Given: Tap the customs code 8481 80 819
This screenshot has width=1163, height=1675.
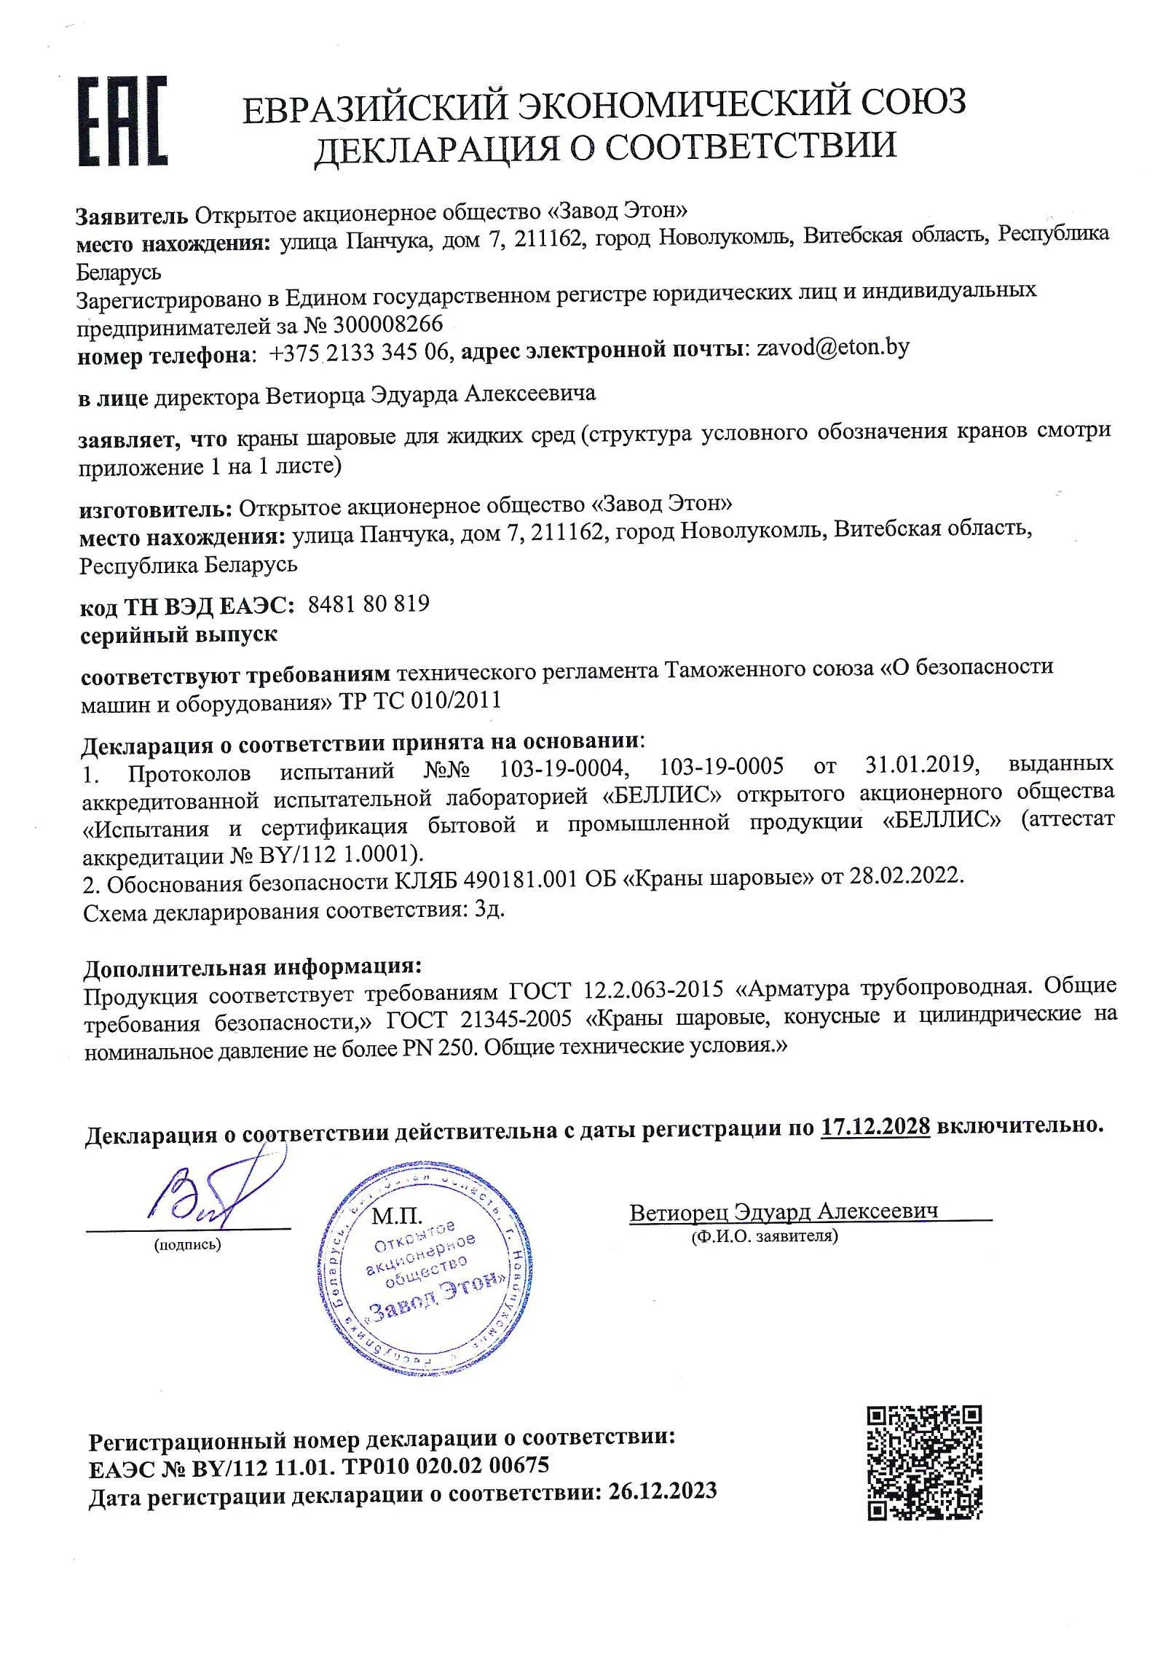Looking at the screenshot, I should (368, 604).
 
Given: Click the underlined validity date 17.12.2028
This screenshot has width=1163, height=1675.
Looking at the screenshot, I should (875, 1127).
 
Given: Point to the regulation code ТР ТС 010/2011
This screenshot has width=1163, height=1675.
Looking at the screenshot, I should (420, 700).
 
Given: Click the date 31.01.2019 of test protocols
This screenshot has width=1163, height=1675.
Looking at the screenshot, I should (920, 765).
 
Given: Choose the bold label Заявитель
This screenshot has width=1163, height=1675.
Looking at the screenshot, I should (132, 216).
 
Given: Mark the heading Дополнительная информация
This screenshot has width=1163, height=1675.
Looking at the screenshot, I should (252, 968).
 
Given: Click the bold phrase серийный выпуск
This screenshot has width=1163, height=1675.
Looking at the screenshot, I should (178, 634).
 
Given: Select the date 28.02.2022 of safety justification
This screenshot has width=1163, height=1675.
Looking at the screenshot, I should (906, 876).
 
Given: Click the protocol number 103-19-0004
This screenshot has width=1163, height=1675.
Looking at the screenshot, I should (562, 768).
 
